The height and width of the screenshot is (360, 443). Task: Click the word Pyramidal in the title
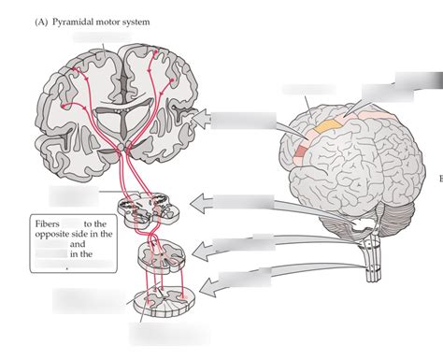(x=55, y=21)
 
